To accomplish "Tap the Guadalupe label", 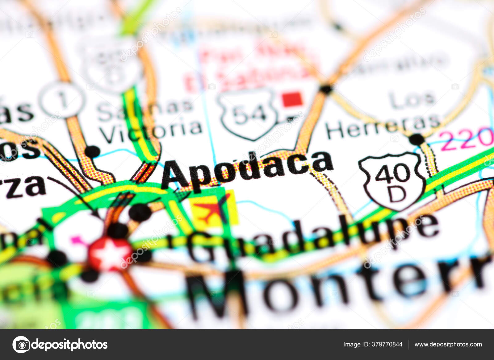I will coord(312,238).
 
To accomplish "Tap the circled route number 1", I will coord(63,100).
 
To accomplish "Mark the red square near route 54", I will coord(292,99).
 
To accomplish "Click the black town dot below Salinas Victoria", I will coord(92,151).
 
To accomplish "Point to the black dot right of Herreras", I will coord(417,139).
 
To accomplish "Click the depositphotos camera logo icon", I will coord(21,344).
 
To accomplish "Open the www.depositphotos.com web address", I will coord(448,344).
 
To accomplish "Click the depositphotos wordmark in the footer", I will coord(70,344).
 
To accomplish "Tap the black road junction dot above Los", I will coord(326,89).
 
